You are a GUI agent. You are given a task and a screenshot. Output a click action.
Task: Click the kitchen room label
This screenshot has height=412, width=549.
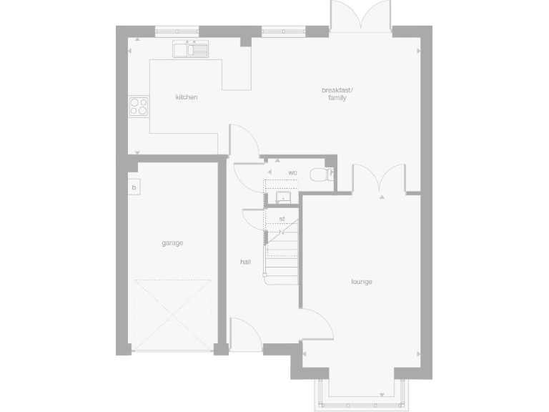[187, 97]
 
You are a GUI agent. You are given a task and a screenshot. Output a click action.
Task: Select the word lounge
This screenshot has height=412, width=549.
[362, 282]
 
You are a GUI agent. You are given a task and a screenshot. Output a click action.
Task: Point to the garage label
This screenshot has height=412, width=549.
[172, 243]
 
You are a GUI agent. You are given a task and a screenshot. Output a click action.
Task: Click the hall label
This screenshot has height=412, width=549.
[245, 263]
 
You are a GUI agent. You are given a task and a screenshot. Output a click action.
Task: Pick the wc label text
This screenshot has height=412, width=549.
[292, 173]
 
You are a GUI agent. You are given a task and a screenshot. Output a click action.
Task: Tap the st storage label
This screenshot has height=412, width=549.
[282, 217]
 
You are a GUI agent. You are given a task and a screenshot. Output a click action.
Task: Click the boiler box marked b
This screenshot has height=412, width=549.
[133, 187]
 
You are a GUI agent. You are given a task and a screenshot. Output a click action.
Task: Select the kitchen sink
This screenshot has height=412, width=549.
[189, 49]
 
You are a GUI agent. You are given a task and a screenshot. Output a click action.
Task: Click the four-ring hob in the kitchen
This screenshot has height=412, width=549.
[139, 106]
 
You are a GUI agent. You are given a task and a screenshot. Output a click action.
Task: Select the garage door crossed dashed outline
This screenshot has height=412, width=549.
[172, 315]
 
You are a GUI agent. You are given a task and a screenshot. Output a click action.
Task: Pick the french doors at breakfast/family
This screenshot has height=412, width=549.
[361, 16]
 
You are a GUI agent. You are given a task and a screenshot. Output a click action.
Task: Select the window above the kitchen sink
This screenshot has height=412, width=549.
[177, 30]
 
